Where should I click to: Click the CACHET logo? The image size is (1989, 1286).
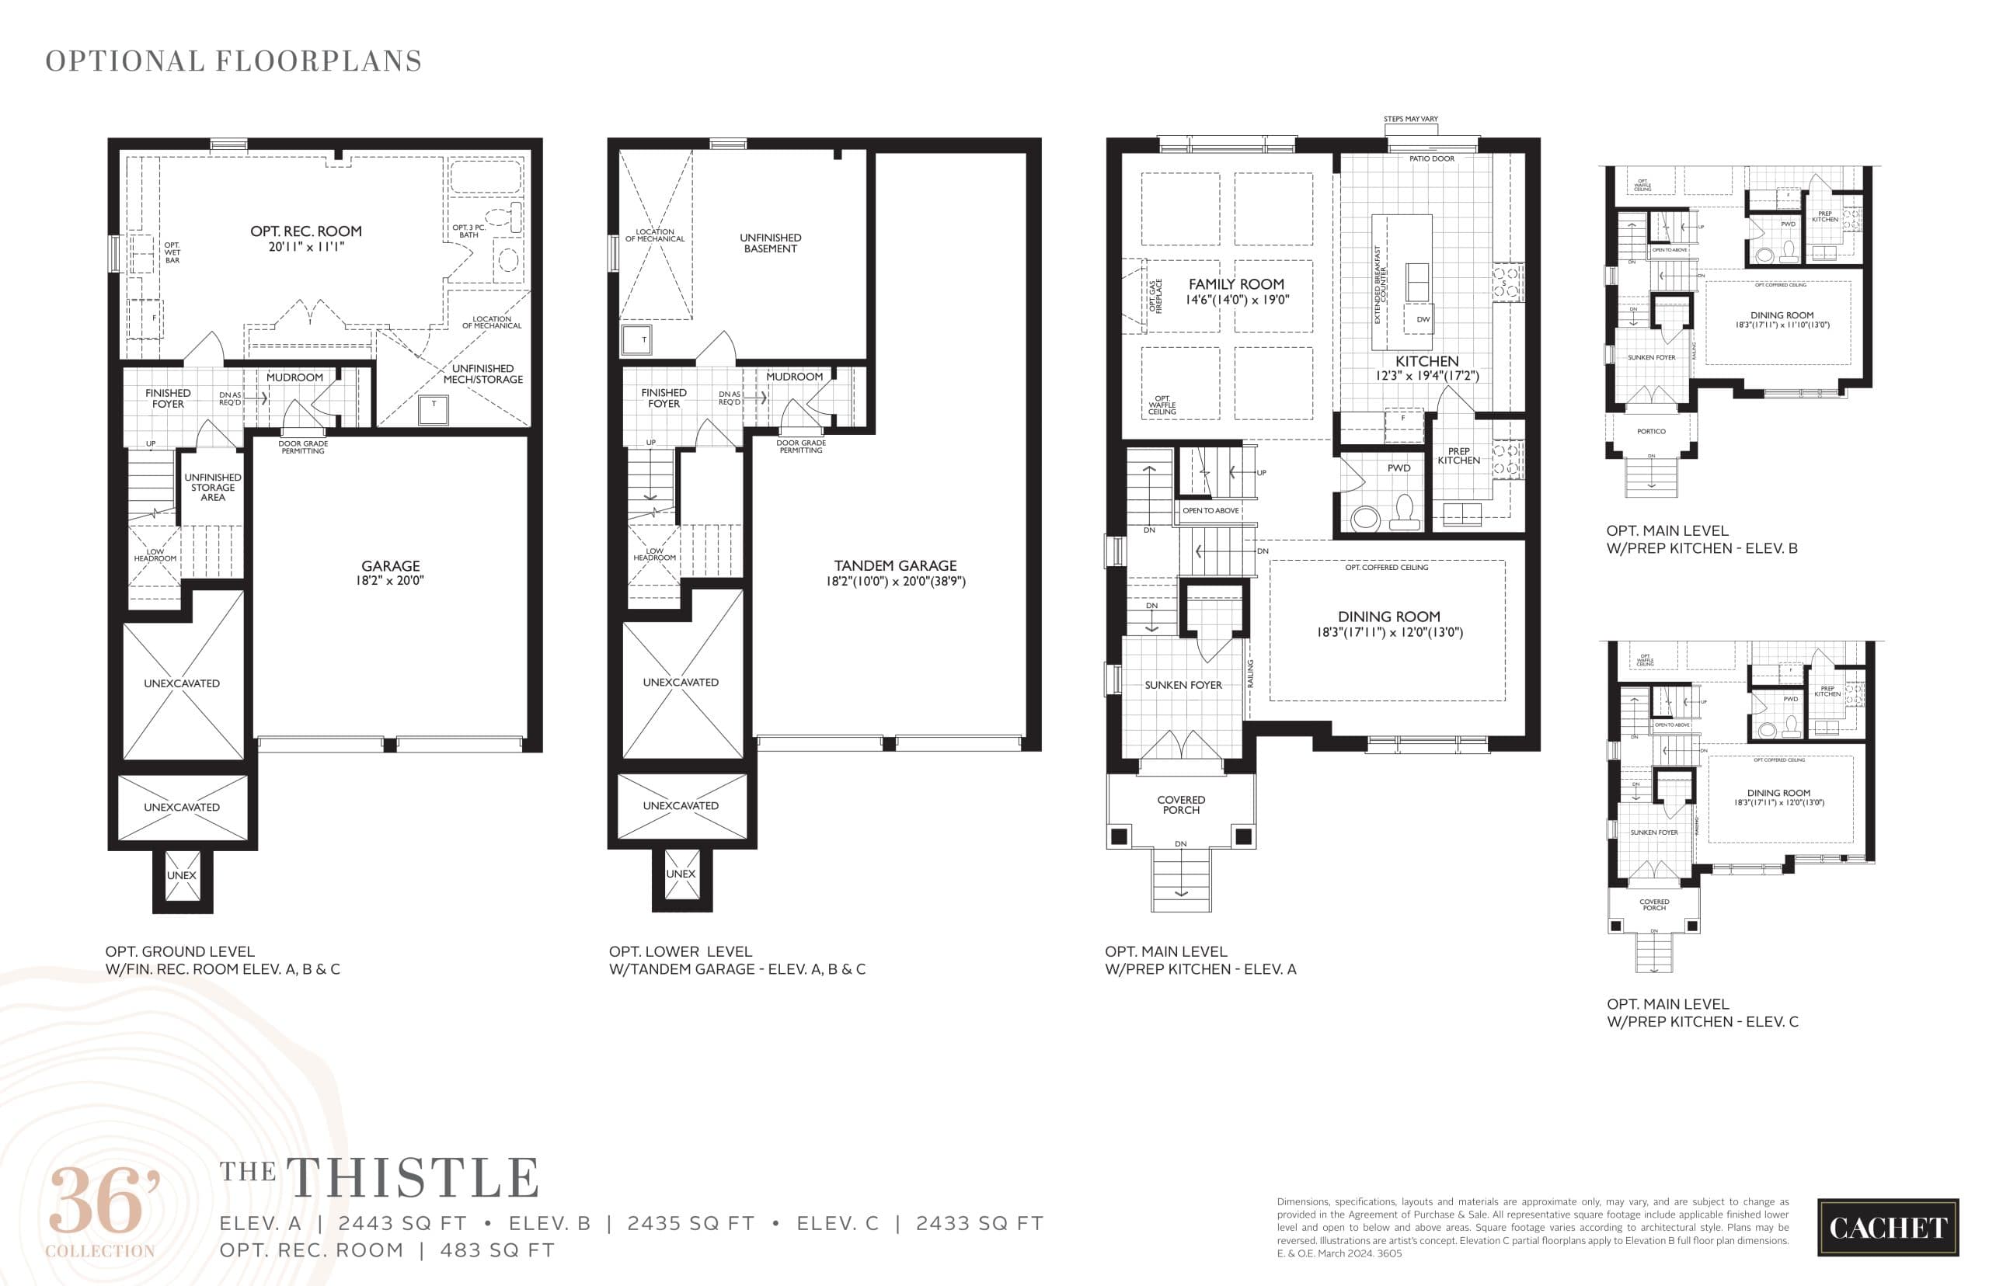click(x=1887, y=1228)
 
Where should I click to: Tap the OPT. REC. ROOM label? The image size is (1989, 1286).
click(x=306, y=231)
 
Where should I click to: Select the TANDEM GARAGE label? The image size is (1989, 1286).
click(x=895, y=566)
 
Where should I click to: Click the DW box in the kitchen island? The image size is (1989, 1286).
click(x=1423, y=319)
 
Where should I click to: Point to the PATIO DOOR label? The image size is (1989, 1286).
click(x=1431, y=158)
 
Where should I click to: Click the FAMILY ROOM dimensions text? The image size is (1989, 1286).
click(x=1236, y=300)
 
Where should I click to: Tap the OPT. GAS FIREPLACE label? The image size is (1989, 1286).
click(x=1155, y=297)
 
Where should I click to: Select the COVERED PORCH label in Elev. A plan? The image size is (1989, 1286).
click(x=1180, y=805)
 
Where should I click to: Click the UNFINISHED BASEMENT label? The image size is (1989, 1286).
click(x=769, y=243)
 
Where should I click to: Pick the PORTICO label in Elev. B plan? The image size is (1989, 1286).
click(x=1651, y=432)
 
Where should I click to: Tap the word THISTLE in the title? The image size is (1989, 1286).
click(x=413, y=1178)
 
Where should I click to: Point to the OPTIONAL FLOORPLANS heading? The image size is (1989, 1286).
click(x=233, y=61)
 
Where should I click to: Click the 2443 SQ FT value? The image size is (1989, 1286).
click(x=402, y=1223)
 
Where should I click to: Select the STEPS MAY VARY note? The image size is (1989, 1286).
click(x=1410, y=120)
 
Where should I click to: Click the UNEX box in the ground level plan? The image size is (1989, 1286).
click(x=181, y=876)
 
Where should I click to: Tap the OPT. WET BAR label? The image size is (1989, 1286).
click(x=172, y=253)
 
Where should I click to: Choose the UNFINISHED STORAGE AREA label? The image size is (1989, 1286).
click(x=212, y=488)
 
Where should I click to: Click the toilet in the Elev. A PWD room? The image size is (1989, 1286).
click(x=1403, y=511)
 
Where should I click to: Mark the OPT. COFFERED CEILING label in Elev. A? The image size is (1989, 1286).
click(x=1386, y=568)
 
